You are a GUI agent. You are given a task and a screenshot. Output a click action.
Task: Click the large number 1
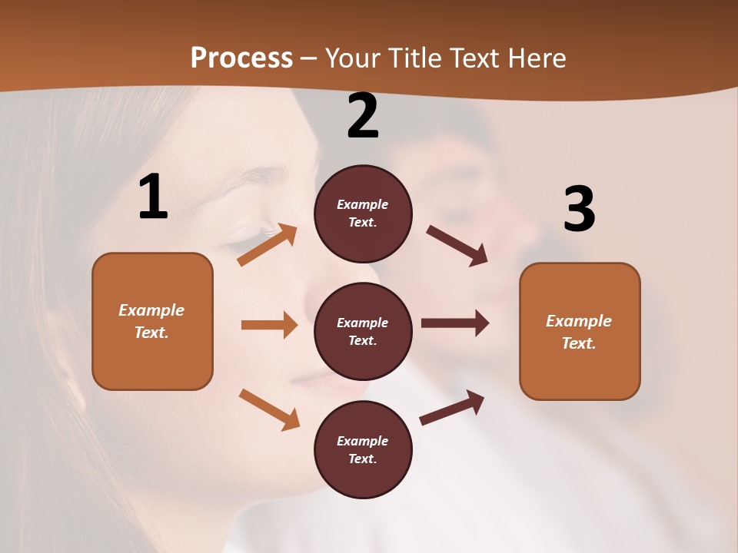click(153, 197)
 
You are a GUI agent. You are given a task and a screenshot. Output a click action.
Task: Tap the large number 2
click(363, 117)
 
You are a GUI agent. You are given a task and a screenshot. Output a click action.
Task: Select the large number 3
click(579, 210)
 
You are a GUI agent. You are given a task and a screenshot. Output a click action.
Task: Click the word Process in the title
click(241, 58)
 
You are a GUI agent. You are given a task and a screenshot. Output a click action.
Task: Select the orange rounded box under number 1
click(152, 321)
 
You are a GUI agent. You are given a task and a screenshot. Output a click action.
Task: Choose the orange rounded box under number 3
click(580, 331)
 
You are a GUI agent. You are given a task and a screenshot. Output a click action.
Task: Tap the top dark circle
click(363, 214)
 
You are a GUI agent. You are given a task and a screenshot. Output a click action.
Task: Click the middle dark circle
click(363, 331)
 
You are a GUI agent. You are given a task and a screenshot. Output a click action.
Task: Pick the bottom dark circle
click(363, 449)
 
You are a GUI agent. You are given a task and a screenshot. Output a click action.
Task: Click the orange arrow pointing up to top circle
click(267, 245)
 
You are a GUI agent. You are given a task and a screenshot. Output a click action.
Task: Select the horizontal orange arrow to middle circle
click(269, 325)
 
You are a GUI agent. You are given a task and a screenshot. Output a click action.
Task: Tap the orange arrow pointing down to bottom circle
click(269, 409)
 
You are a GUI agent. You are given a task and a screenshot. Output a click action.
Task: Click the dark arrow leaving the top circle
click(457, 246)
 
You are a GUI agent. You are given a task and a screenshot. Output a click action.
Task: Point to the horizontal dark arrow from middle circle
click(455, 323)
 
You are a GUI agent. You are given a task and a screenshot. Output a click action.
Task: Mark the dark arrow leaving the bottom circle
click(452, 408)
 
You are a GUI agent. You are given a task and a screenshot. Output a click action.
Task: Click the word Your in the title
click(352, 58)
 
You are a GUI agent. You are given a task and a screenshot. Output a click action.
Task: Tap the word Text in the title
click(474, 58)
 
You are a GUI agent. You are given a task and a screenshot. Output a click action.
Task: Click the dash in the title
click(309, 58)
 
